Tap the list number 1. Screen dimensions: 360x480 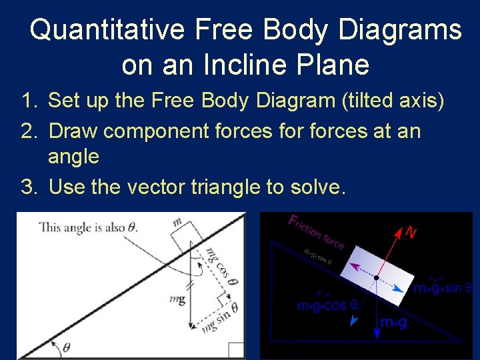(27, 101)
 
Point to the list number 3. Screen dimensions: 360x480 (27, 187)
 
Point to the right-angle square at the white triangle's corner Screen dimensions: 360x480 (237, 351)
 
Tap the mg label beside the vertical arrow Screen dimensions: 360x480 (177, 300)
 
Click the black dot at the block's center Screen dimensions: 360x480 (377, 277)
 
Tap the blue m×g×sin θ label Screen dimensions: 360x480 (441, 289)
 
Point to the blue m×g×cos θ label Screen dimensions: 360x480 (331, 305)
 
